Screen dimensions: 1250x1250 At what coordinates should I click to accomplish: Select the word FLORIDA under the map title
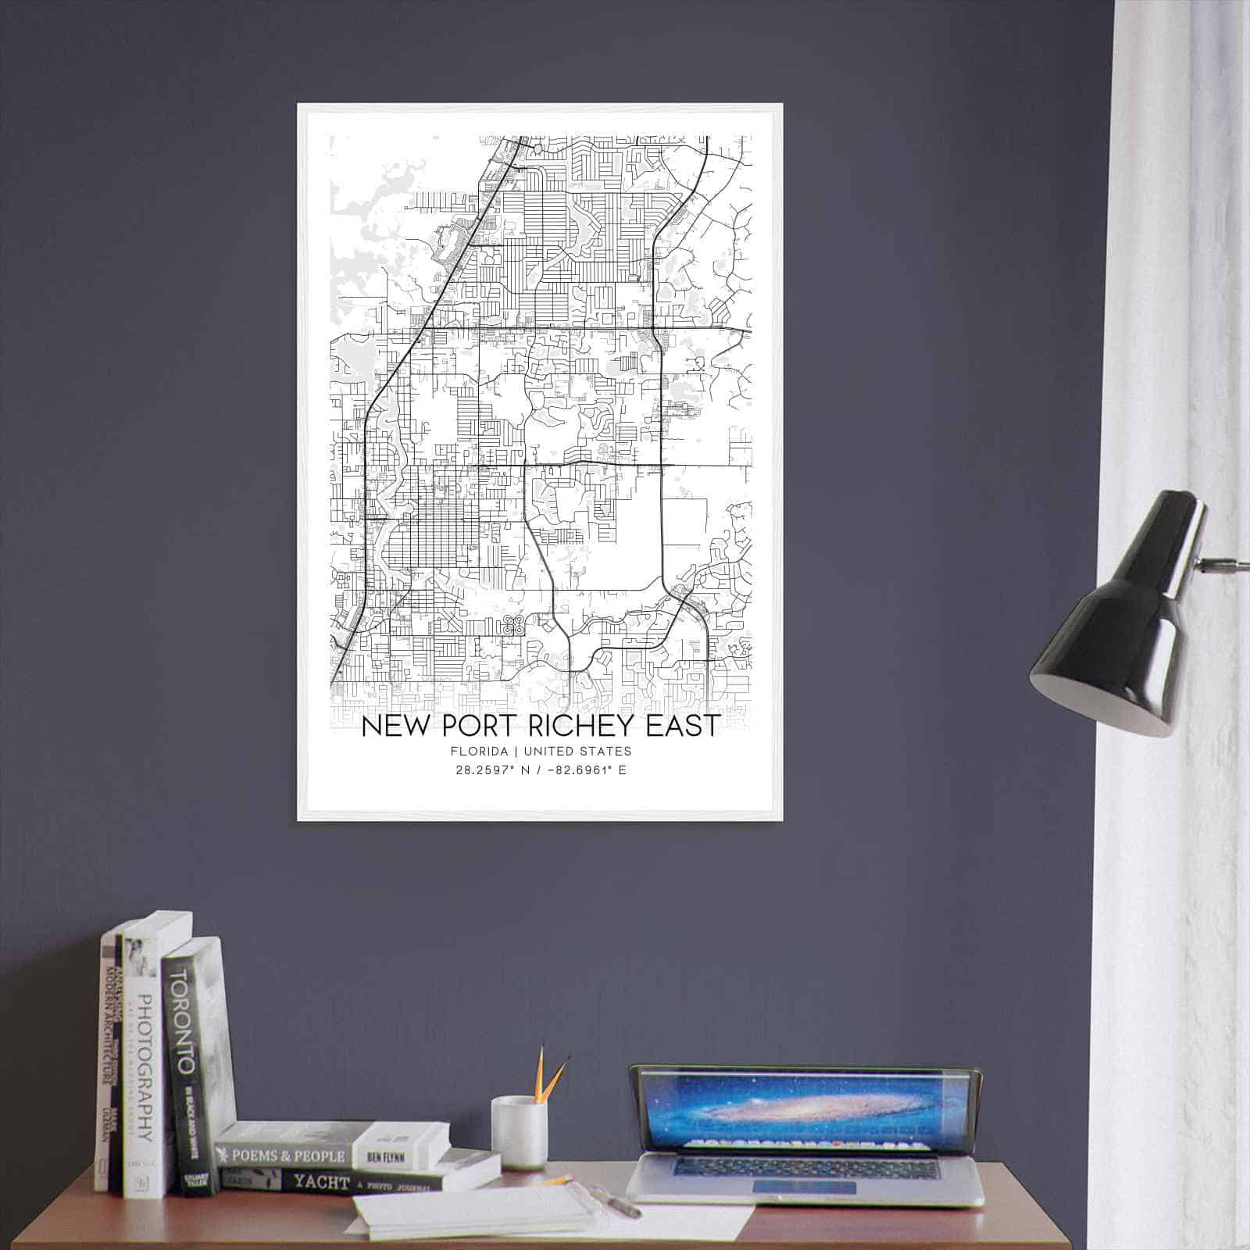pos(479,752)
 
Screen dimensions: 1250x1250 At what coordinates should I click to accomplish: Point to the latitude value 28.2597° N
pos(489,770)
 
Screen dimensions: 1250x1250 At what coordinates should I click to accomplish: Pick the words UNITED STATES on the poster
pos(577,752)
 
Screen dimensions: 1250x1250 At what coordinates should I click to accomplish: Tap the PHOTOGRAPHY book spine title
pos(143,1070)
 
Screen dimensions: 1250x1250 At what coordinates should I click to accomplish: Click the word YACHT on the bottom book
pos(321,1182)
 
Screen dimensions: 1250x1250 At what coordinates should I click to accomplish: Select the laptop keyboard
pos(805,1169)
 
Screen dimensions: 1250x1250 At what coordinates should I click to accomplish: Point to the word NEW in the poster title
pos(398,726)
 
